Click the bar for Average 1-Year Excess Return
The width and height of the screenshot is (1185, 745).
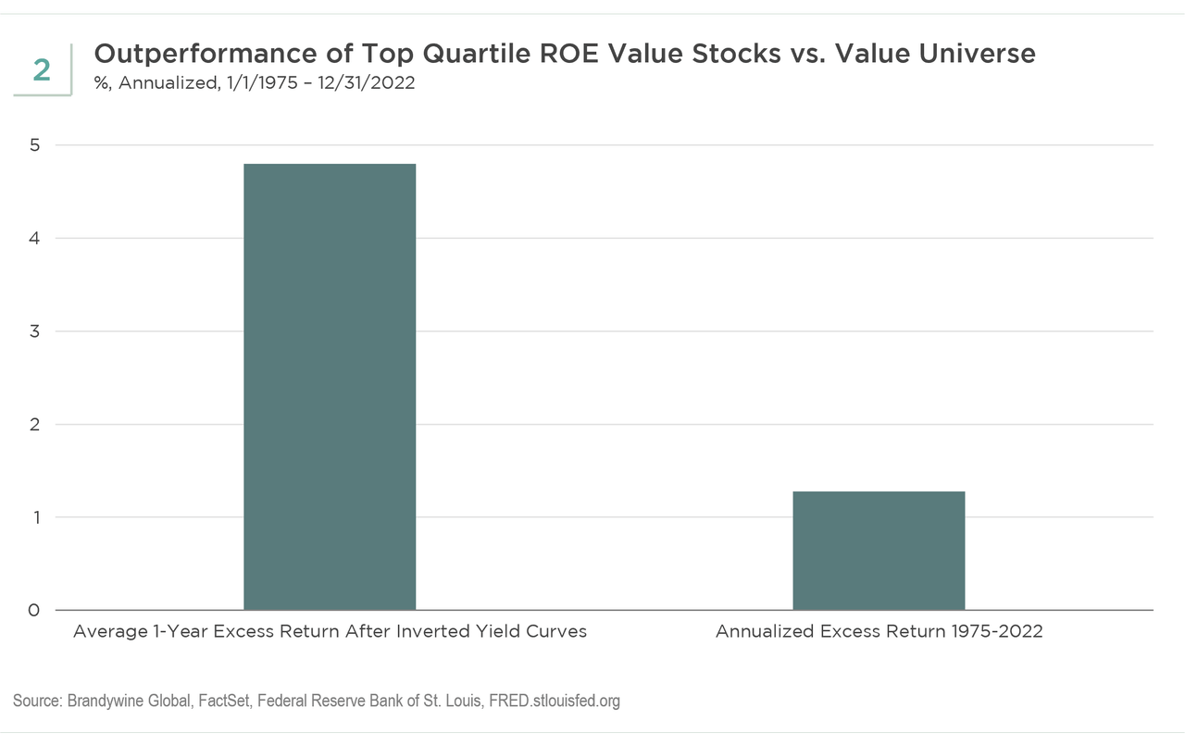330,387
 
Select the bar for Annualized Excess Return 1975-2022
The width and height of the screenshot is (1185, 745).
879,551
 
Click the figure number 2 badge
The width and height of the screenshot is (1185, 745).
42,69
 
